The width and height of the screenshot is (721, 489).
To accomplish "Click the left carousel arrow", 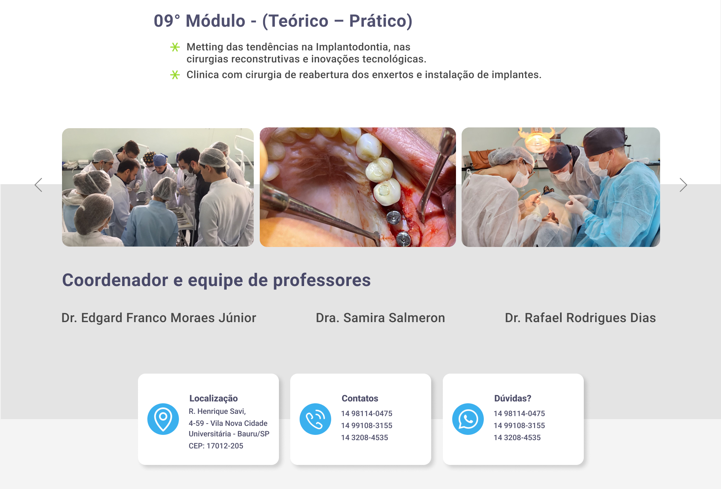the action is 38,185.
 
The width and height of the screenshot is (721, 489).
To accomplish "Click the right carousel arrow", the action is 683,185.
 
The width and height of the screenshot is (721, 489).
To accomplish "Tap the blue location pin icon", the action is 163,419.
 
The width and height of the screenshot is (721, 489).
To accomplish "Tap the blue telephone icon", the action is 315,419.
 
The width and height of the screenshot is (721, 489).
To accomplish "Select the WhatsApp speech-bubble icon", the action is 468,419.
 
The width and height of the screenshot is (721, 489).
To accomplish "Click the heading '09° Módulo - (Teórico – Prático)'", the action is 283,21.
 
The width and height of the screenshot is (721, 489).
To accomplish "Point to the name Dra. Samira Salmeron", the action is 380,318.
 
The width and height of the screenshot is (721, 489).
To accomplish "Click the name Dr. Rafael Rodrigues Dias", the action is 580,318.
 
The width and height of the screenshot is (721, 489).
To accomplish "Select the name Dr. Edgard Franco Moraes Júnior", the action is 159,318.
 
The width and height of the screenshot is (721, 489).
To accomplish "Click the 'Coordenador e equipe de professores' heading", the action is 217,280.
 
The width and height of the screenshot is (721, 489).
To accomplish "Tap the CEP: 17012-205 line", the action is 216,446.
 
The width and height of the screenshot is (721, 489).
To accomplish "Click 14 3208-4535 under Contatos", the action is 365,438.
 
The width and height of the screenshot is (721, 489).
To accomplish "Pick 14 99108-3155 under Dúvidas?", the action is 519,425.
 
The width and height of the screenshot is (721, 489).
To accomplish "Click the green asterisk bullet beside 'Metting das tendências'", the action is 175,47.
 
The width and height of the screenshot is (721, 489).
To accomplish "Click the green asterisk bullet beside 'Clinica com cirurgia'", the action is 175,75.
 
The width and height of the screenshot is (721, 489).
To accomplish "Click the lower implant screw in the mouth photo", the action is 403,238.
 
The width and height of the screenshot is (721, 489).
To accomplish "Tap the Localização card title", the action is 214,398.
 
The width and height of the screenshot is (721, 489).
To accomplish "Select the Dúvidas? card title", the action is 513,398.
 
